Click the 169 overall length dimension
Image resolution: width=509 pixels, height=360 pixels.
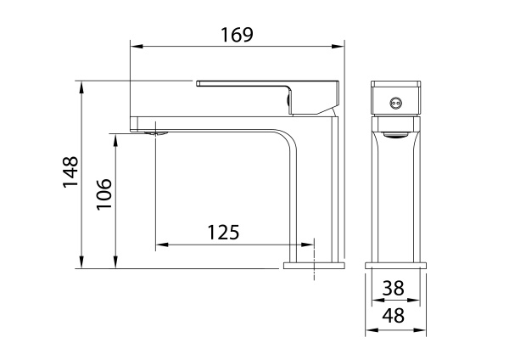pyautogui.click(x=238, y=35)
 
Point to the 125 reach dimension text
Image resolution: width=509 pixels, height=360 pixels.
pyautogui.click(x=223, y=231)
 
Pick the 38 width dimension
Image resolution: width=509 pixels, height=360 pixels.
pyautogui.click(x=393, y=288)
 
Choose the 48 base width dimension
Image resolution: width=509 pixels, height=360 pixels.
pyautogui.click(x=393, y=317)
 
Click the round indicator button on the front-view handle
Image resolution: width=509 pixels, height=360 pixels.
pyautogui.click(x=393, y=104)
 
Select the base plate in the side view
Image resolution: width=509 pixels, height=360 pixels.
pyautogui.click(x=314, y=266)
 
